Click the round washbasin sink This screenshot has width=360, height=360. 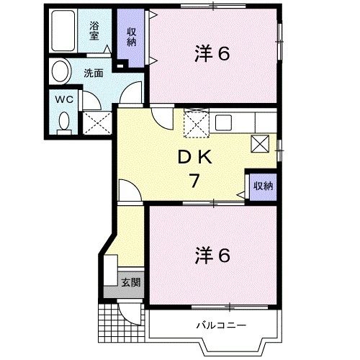[x=60, y=72]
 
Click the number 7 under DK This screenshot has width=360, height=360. [x=194, y=181]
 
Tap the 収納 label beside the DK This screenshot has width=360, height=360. [x=263, y=186]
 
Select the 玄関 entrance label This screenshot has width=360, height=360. [x=130, y=282]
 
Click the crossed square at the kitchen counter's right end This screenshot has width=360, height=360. [x=259, y=143]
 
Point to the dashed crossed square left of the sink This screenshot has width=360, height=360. [x=196, y=124]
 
